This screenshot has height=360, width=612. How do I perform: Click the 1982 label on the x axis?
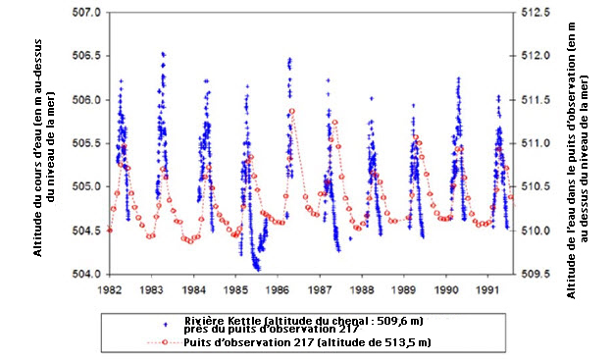click(110, 290)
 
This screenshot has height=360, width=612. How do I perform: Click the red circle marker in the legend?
click(164, 341)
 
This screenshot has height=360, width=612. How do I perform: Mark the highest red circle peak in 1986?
click(291, 111)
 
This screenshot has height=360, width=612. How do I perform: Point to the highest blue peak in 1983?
click(163, 54)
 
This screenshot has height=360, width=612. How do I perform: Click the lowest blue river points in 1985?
click(257, 267)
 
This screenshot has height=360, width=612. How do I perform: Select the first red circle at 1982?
click(110, 231)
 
